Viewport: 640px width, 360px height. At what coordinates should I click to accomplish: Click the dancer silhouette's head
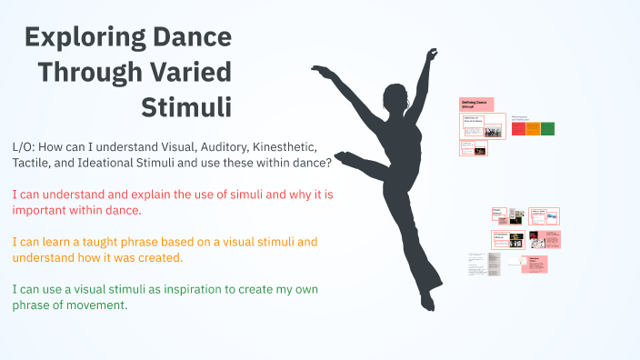396,95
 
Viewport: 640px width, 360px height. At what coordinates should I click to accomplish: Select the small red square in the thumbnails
518,128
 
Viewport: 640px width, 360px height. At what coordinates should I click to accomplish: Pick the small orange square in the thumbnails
533,128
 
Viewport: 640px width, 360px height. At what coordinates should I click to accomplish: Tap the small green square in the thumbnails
547,128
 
